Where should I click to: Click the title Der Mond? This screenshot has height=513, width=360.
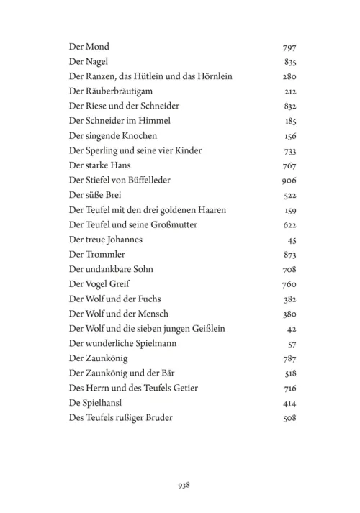coord(89,47)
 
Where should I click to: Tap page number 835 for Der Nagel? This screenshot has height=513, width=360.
coord(290,62)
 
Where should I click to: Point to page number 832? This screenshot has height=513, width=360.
coord(290,106)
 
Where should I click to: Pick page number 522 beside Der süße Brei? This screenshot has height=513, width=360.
coord(290,196)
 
